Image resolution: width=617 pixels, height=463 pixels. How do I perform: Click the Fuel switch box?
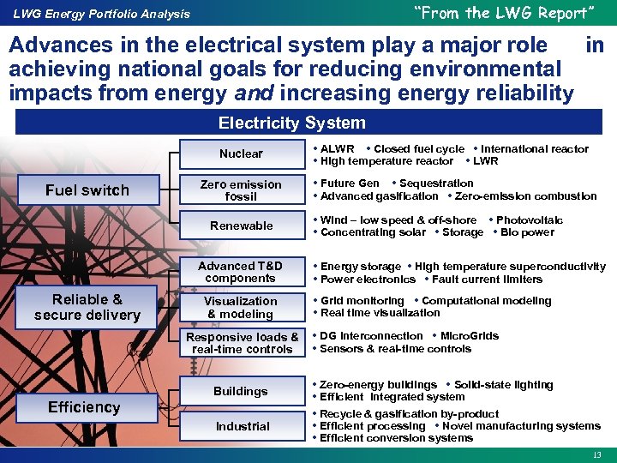87,190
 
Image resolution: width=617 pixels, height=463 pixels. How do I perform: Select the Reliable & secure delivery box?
87,307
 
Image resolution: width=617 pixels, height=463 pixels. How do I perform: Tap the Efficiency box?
84,407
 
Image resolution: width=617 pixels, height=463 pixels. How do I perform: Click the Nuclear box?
241,154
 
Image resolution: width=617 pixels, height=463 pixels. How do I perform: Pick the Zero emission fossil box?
241,190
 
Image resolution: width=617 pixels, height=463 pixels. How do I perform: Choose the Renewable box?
241,225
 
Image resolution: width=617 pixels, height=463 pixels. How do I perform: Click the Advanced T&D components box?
241,272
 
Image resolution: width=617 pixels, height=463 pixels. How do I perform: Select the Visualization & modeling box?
241,307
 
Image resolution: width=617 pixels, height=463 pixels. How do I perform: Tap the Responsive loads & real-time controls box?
243,343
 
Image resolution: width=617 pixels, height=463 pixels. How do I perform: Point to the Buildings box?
241,391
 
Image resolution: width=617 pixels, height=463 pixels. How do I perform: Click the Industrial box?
243,426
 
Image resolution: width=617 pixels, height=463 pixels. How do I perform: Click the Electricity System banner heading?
291,123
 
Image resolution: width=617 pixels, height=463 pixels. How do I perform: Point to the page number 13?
597,454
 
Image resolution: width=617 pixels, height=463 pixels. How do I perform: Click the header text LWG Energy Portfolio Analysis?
101,14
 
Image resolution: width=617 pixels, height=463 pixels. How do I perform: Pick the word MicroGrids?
470,336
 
